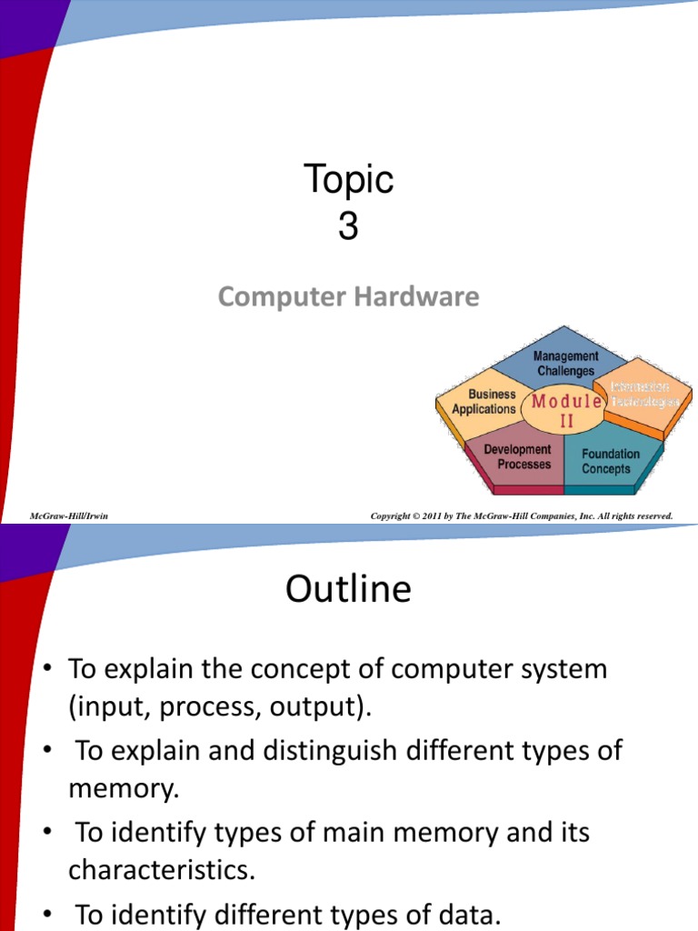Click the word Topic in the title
coord(348,180)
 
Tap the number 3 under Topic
coord(348,227)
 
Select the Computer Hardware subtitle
coord(348,296)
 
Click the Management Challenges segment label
coord(566,364)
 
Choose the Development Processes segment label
coord(517,456)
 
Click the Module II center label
coord(566,410)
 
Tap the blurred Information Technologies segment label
coord(645,395)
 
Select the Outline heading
coord(348,590)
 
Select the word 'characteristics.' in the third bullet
coord(162,870)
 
